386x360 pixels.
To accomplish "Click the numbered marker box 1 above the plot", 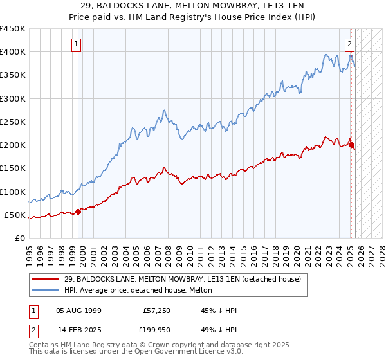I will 77,44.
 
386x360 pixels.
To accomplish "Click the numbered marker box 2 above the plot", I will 349,44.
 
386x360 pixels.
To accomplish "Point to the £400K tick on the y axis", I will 13,52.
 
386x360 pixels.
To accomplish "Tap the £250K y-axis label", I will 13,122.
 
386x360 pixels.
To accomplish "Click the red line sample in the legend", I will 45,279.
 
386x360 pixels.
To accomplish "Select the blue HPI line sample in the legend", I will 45,290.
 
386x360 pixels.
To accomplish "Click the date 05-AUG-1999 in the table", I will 79,310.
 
